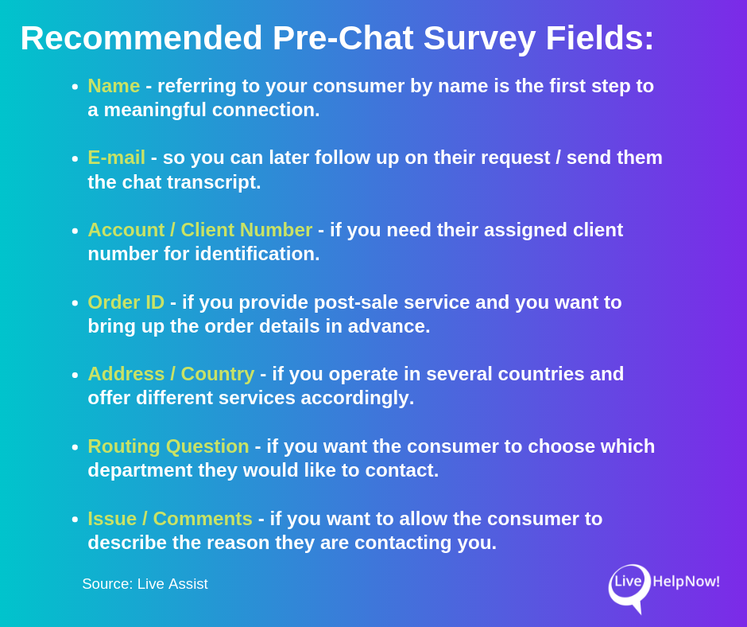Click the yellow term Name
pos(114,86)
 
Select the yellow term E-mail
pos(116,158)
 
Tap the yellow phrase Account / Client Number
pos(199,230)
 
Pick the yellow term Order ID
pos(126,302)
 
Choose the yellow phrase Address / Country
pos(171,374)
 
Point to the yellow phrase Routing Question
pos(168,446)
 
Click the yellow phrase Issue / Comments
pos(169,519)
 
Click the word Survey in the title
pos(479,38)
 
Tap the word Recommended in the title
pos(141,38)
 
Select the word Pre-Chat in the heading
pos(343,38)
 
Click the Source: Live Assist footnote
pos(145,584)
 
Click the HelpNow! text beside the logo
pos(686,582)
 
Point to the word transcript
pos(214,182)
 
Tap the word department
pos(140,470)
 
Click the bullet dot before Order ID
pos(75,303)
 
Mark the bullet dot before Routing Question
pos(75,447)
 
